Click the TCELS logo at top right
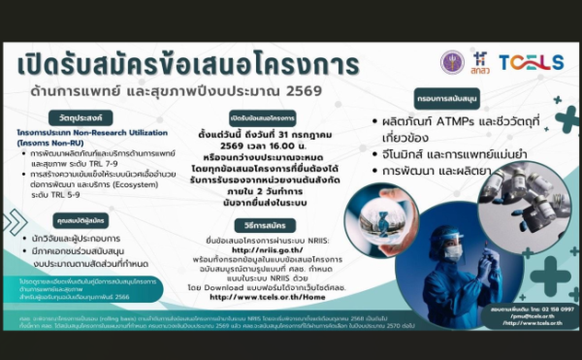tap(531, 63)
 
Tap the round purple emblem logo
tap(452, 63)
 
